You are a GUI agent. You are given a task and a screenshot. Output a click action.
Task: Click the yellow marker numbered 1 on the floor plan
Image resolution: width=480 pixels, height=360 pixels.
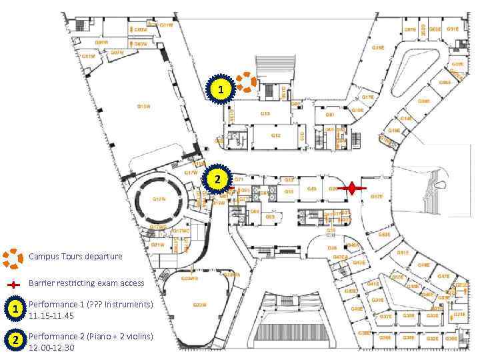(x=222, y=89)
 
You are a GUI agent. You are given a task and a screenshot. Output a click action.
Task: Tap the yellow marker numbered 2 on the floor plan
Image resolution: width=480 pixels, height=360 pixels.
(x=217, y=179)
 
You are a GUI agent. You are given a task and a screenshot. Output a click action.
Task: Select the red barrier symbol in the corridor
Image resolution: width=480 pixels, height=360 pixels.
(x=351, y=189)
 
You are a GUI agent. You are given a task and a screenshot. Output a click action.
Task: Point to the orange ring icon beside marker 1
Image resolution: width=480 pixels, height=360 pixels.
(x=247, y=81)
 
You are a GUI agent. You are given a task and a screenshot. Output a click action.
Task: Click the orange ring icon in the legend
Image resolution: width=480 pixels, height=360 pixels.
(x=13, y=257)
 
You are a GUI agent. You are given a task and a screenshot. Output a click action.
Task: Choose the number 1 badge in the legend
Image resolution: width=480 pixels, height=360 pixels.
(x=13, y=309)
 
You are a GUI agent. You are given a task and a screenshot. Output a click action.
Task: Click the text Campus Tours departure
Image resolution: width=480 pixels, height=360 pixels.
(x=75, y=257)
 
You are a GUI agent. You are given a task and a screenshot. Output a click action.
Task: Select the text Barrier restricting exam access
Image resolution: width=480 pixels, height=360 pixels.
(x=86, y=283)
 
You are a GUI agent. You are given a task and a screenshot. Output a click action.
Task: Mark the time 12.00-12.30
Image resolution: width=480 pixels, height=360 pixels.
(x=51, y=348)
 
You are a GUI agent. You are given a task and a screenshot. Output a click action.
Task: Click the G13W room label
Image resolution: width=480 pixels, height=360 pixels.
(x=143, y=106)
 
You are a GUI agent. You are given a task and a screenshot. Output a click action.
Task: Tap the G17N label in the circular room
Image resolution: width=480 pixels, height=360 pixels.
(x=159, y=199)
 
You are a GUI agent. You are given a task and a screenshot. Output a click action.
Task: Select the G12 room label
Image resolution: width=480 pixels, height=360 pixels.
(x=276, y=135)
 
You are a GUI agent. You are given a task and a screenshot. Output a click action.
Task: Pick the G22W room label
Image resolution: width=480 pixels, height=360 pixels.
(x=199, y=305)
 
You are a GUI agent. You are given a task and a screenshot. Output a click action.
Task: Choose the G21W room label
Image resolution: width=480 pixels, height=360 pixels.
(x=158, y=245)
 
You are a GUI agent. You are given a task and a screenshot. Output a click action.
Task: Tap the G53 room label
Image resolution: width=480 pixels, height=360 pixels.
(x=290, y=191)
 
